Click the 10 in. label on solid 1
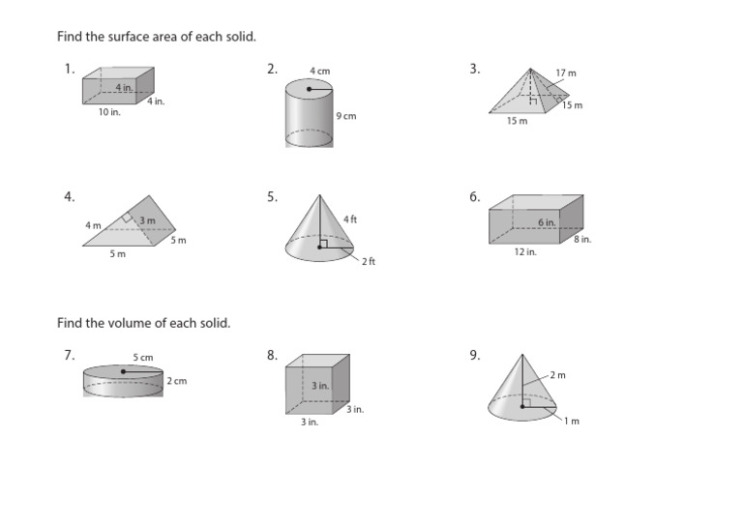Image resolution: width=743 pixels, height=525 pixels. [x=108, y=112]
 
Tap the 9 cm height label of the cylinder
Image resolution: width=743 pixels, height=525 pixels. [x=345, y=116]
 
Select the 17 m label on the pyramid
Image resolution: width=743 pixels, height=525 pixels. [x=566, y=73]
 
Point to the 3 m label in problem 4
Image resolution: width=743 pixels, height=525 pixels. [x=147, y=220]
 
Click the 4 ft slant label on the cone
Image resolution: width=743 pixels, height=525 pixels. [x=350, y=220]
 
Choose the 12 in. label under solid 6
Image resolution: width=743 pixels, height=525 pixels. [x=525, y=251]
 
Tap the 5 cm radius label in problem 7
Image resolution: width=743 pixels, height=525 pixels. [x=143, y=358]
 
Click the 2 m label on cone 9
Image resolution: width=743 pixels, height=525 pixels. [x=558, y=375]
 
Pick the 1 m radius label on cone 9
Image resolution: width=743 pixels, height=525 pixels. [x=572, y=421]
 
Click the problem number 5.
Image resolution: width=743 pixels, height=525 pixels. [x=272, y=197]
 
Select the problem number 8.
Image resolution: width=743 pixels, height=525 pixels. [x=272, y=355]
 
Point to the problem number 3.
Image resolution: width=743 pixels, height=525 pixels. [x=474, y=69]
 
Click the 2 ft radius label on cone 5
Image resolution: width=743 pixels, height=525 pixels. [x=369, y=262]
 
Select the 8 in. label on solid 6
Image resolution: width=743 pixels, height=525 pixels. [x=582, y=239]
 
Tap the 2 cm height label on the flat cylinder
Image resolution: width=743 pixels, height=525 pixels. [x=176, y=381]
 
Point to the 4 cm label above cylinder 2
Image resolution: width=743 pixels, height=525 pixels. [x=319, y=71]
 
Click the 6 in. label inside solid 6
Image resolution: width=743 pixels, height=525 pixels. [x=548, y=222]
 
